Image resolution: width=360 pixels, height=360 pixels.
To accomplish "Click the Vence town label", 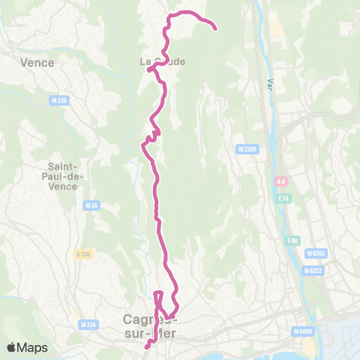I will pos(39,62).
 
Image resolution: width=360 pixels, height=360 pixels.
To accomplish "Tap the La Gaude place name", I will pos(162,61).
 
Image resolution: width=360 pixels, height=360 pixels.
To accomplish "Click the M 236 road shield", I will pos(59,100).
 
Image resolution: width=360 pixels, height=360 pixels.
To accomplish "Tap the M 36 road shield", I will pos(92,205).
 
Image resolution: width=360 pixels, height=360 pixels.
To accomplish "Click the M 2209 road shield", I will pos(247,149).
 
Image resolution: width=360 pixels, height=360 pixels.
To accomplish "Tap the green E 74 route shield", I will pos(283,199).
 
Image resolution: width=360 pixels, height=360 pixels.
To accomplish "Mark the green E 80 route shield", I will pos(292,241).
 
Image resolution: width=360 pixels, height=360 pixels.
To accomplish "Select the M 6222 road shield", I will pos(313,271).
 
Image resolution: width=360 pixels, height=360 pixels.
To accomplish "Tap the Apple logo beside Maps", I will pos(12,347).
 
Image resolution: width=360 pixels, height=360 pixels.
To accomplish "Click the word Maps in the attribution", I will pos(34,347).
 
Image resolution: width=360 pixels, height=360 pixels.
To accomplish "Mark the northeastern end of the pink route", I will pos(216,30).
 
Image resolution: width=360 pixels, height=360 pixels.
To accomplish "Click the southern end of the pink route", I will pos(146,346).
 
